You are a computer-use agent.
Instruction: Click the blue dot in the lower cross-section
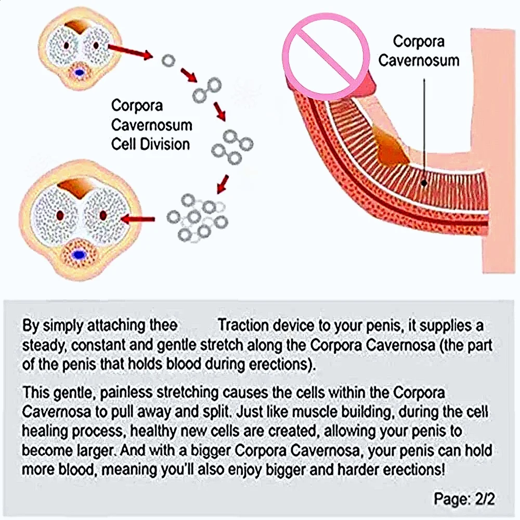click(79, 255)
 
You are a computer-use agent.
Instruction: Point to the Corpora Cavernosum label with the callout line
click(419, 50)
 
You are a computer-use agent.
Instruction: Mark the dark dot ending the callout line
click(425, 183)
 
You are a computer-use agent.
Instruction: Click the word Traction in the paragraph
click(247, 326)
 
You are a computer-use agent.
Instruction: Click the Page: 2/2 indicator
click(464, 499)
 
